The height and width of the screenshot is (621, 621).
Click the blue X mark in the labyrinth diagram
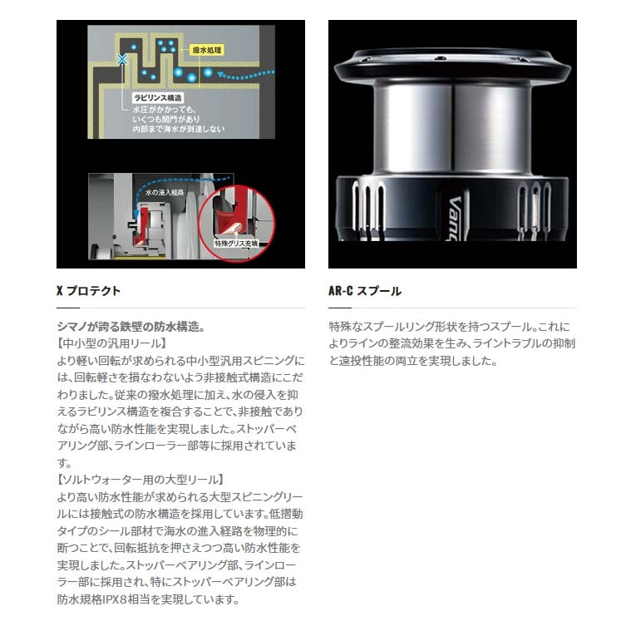pos(123,59)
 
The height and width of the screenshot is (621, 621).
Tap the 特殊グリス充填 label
pos(239,244)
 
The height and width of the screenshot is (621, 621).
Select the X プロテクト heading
pos(88,291)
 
